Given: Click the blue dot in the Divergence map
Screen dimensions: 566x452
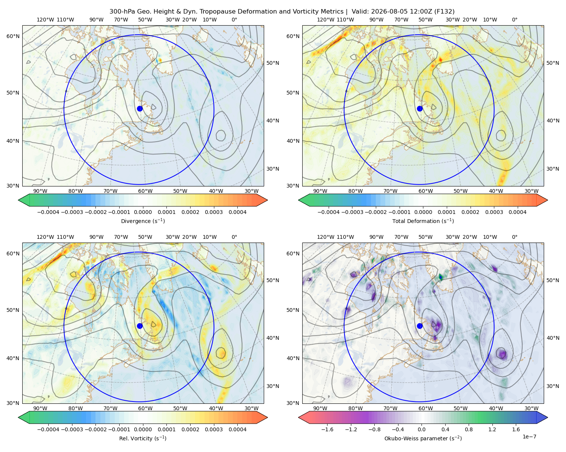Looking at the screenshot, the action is (140, 108).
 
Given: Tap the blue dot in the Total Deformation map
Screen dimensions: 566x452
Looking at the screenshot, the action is (420, 108).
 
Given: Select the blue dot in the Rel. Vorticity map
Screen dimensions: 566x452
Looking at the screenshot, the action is (140, 326).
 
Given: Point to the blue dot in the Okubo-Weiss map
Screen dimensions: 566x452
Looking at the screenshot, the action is (420, 326).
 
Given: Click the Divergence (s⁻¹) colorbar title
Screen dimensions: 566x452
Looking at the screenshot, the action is (143, 221).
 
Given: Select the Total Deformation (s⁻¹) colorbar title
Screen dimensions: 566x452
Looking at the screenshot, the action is (423, 221).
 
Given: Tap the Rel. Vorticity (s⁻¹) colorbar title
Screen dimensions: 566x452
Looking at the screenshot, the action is (143, 438).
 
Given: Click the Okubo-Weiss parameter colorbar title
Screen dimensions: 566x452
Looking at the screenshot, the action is (423, 438).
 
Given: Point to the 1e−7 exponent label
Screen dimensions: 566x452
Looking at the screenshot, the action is (529, 437).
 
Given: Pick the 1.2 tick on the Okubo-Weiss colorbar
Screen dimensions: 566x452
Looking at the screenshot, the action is (492, 429).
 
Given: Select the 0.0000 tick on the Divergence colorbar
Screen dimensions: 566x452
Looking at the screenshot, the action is (143, 212).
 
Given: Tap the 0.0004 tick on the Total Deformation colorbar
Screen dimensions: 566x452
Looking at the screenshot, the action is (517, 212).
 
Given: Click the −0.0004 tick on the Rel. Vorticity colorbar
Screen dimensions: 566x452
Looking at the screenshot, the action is (48, 429).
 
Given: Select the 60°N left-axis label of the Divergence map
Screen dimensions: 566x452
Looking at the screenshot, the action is (13, 36).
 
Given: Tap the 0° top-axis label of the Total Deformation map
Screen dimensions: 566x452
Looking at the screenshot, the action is (514, 20).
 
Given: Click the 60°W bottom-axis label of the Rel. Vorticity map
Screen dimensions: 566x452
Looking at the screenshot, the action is (145, 408).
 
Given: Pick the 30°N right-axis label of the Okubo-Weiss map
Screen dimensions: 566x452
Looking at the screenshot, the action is (553, 386).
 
